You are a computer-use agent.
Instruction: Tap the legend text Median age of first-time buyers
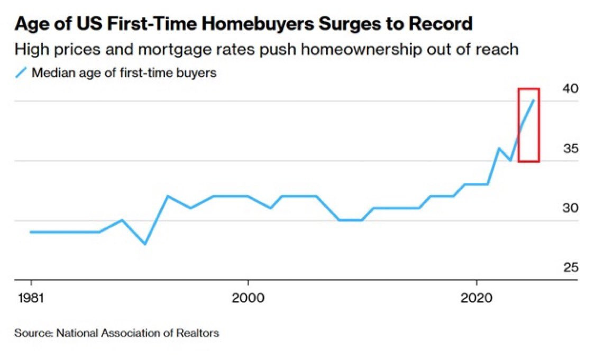pos(124,73)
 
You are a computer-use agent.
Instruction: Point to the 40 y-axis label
pos(570,89)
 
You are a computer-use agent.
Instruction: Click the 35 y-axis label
pos(570,149)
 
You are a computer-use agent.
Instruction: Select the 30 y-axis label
pos(570,208)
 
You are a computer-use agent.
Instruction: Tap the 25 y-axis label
pos(570,268)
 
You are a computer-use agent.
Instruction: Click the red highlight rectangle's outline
pos(539,125)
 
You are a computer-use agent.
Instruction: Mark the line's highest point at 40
pos(534,100)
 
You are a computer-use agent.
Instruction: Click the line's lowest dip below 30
pos(144,244)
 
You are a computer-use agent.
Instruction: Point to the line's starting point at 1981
pos(31,232)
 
